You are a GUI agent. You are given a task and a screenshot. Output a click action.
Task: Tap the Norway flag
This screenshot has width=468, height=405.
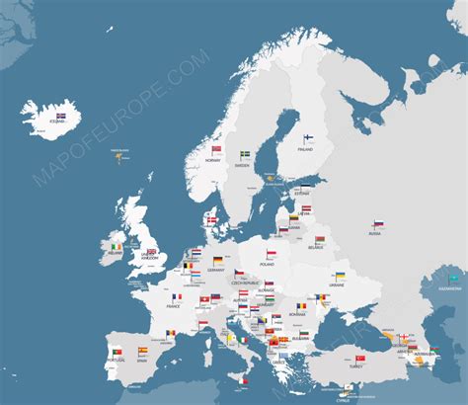(x=216, y=150)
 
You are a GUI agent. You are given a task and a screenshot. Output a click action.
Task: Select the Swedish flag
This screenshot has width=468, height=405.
(x=245, y=154)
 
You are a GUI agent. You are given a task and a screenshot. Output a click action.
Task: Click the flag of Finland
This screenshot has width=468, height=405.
(x=307, y=138)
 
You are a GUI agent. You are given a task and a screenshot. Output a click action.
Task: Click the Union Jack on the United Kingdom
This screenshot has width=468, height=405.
(x=151, y=251)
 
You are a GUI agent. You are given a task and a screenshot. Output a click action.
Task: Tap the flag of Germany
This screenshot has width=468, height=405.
(x=217, y=260)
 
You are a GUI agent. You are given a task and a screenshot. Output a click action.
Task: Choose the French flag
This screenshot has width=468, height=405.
(x=176, y=296)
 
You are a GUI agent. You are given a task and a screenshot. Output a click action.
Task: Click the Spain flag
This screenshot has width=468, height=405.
(x=143, y=350)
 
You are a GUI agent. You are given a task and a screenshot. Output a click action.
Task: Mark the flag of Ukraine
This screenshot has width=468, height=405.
(x=340, y=277)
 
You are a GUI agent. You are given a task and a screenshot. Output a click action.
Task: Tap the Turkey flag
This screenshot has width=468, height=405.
(x=360, y=359)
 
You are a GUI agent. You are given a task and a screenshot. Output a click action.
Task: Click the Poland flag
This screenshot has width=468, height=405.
(x=271, y=254)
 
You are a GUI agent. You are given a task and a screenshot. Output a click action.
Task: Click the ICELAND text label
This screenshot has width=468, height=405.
(x=46, y=121)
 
